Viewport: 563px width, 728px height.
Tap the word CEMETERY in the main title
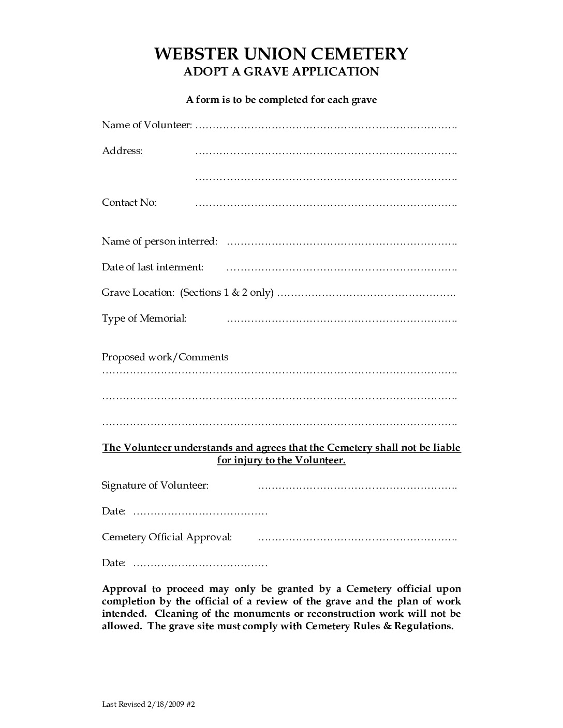point(358,54)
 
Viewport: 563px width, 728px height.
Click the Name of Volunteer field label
point(147,125)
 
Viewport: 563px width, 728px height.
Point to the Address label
point(122,151)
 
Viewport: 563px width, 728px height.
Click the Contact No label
point(129,203)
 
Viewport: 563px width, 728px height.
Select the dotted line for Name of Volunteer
point(325,126)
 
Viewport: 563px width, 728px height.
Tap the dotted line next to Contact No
point(325,204)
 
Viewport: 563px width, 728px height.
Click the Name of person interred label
point(159,241)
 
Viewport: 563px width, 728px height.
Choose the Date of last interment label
point(153,267)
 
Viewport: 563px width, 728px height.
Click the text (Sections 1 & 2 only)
point(227,293)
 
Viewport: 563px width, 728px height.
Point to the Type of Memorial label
point(144,318)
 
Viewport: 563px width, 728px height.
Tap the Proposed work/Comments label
point(165,357)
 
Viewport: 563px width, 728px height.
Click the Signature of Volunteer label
point(155,486)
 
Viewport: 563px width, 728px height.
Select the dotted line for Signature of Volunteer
point(357,487)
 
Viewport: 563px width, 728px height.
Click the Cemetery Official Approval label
point(167,537)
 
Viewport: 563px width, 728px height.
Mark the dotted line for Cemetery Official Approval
point(357,538)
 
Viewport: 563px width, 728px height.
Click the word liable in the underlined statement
point(446,448)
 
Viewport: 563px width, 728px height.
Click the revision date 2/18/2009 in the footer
point(164,704)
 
